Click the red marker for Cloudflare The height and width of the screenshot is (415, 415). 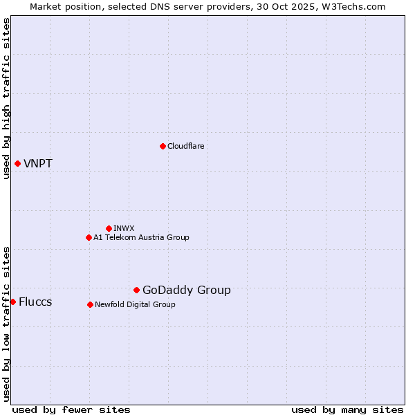[163, 146]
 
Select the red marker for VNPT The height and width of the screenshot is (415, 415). [17, 163]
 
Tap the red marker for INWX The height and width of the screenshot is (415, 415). [109, 228]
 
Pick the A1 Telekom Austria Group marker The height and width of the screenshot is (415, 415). [89, 237]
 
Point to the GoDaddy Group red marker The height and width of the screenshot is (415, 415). [136, 290]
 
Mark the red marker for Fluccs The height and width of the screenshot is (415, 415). [12, 302]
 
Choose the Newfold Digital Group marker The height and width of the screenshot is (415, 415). [90, 304]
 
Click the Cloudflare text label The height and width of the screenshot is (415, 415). [185, 146]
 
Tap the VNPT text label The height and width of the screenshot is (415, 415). [38, 164]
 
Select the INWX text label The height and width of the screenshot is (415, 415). [124, 228]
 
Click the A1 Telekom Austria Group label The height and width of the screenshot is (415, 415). [141, 237]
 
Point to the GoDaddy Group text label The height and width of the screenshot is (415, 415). [187, 290]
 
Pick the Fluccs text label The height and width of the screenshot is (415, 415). [35, 302]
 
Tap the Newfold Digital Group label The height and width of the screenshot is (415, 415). [135, 304]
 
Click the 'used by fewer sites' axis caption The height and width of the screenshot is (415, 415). [71, 409]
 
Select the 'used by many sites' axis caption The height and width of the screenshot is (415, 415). [347, 409]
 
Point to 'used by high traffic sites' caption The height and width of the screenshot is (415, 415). [6, 98]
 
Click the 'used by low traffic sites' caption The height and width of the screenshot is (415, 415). [6, 324]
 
